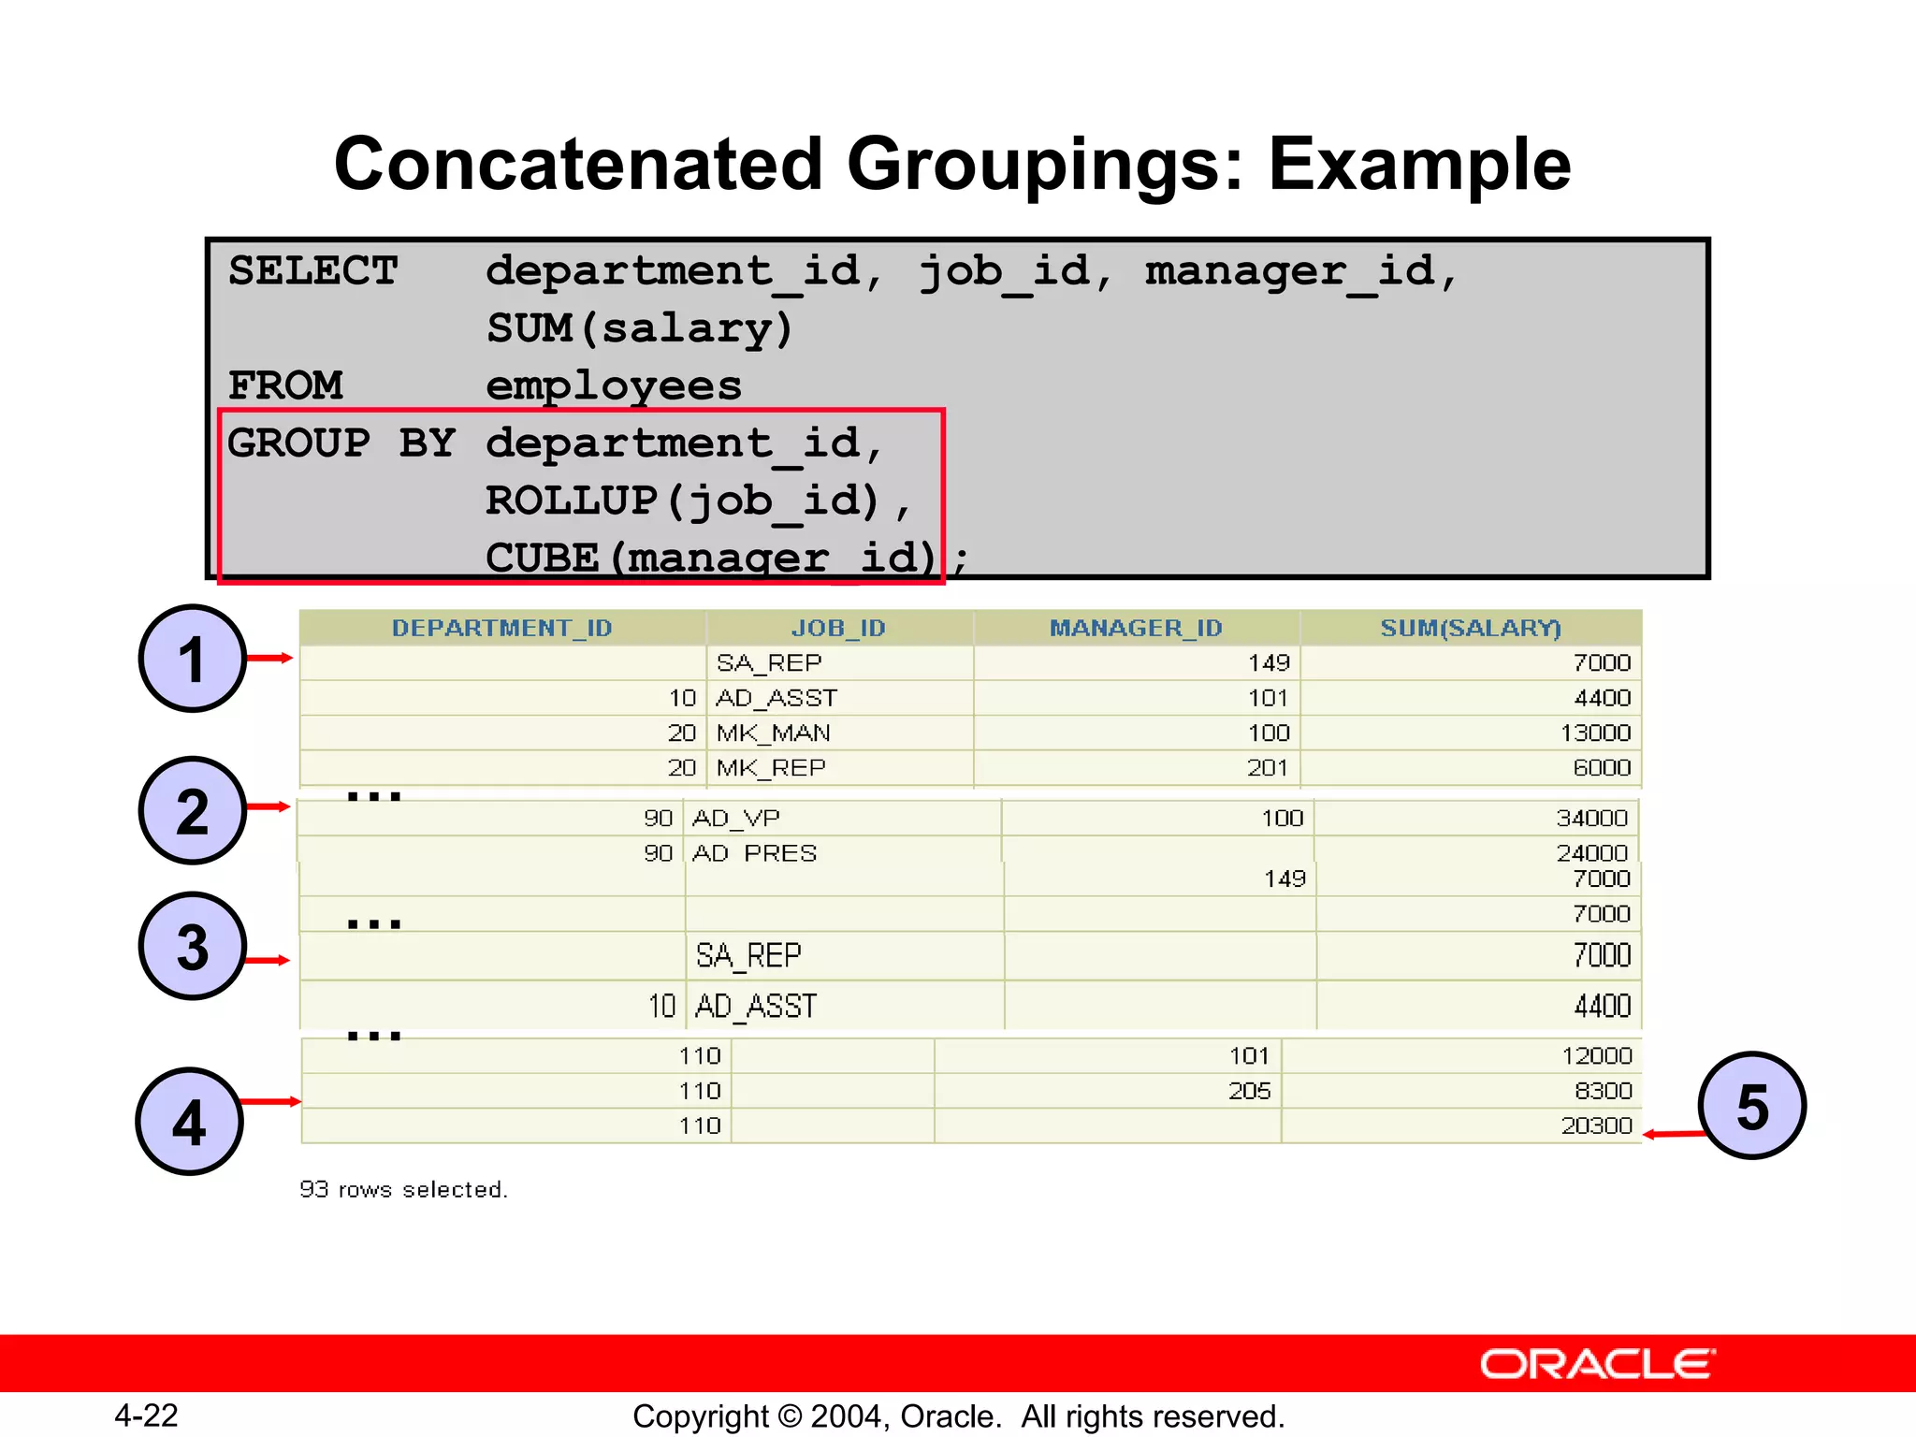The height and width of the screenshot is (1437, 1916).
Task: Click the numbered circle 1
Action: [x=192, y=659]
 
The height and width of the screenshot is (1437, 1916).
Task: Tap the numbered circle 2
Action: [x=192, y=810]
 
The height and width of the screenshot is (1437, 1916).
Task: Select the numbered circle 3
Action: [x=192, y=946]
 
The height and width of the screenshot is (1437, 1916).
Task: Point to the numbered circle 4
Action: [x=190, y=1121]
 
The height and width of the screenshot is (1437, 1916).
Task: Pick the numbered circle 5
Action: [x=1752, y=1106]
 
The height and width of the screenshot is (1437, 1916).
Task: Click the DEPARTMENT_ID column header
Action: [x=501, y=628]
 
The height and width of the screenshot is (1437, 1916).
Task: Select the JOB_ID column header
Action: [x=838, y=628]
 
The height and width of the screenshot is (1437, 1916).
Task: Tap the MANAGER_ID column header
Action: [x=1136, y=628]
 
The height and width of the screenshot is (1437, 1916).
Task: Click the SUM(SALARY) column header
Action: [x=1471, y=628]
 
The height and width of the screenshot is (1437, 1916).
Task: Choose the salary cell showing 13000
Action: [x=1595, y=733]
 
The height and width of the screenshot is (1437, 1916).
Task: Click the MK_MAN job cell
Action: [x=774, y=733]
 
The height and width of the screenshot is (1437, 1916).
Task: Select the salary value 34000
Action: [x=1591, y=818]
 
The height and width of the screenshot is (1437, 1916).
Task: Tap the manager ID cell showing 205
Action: [x=1249, y=1091]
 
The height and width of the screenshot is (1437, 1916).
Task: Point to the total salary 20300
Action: [x=1596, y=1125]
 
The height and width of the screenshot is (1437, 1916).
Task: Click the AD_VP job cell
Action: [x=736, y=818]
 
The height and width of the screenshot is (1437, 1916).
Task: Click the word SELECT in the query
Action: [x=313, y=271]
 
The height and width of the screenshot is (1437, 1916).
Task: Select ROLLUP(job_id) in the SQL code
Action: [x=684, y=501]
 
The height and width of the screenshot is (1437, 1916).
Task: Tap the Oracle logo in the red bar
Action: [x=1597, y=1364]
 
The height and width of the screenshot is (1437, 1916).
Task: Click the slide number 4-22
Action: [x=146, y=1415]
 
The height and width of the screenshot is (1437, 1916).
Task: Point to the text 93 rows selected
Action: [x=403, y=1189]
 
